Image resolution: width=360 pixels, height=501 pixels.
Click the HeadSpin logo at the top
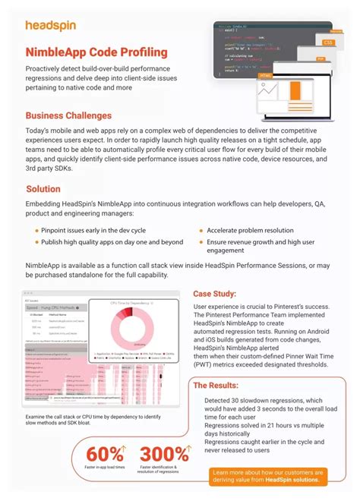(50, 26)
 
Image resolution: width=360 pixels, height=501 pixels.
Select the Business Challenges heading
(68, 115)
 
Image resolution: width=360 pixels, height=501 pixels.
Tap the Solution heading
(43, 189)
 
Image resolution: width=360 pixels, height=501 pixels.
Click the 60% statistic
(105, 454)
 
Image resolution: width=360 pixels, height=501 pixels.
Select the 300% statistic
(165, 454)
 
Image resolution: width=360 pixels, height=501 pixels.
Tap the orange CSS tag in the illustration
(327, 43)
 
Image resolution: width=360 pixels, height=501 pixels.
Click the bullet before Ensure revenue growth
(201, 241)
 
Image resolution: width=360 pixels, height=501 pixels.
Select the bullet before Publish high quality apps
(36, 241)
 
